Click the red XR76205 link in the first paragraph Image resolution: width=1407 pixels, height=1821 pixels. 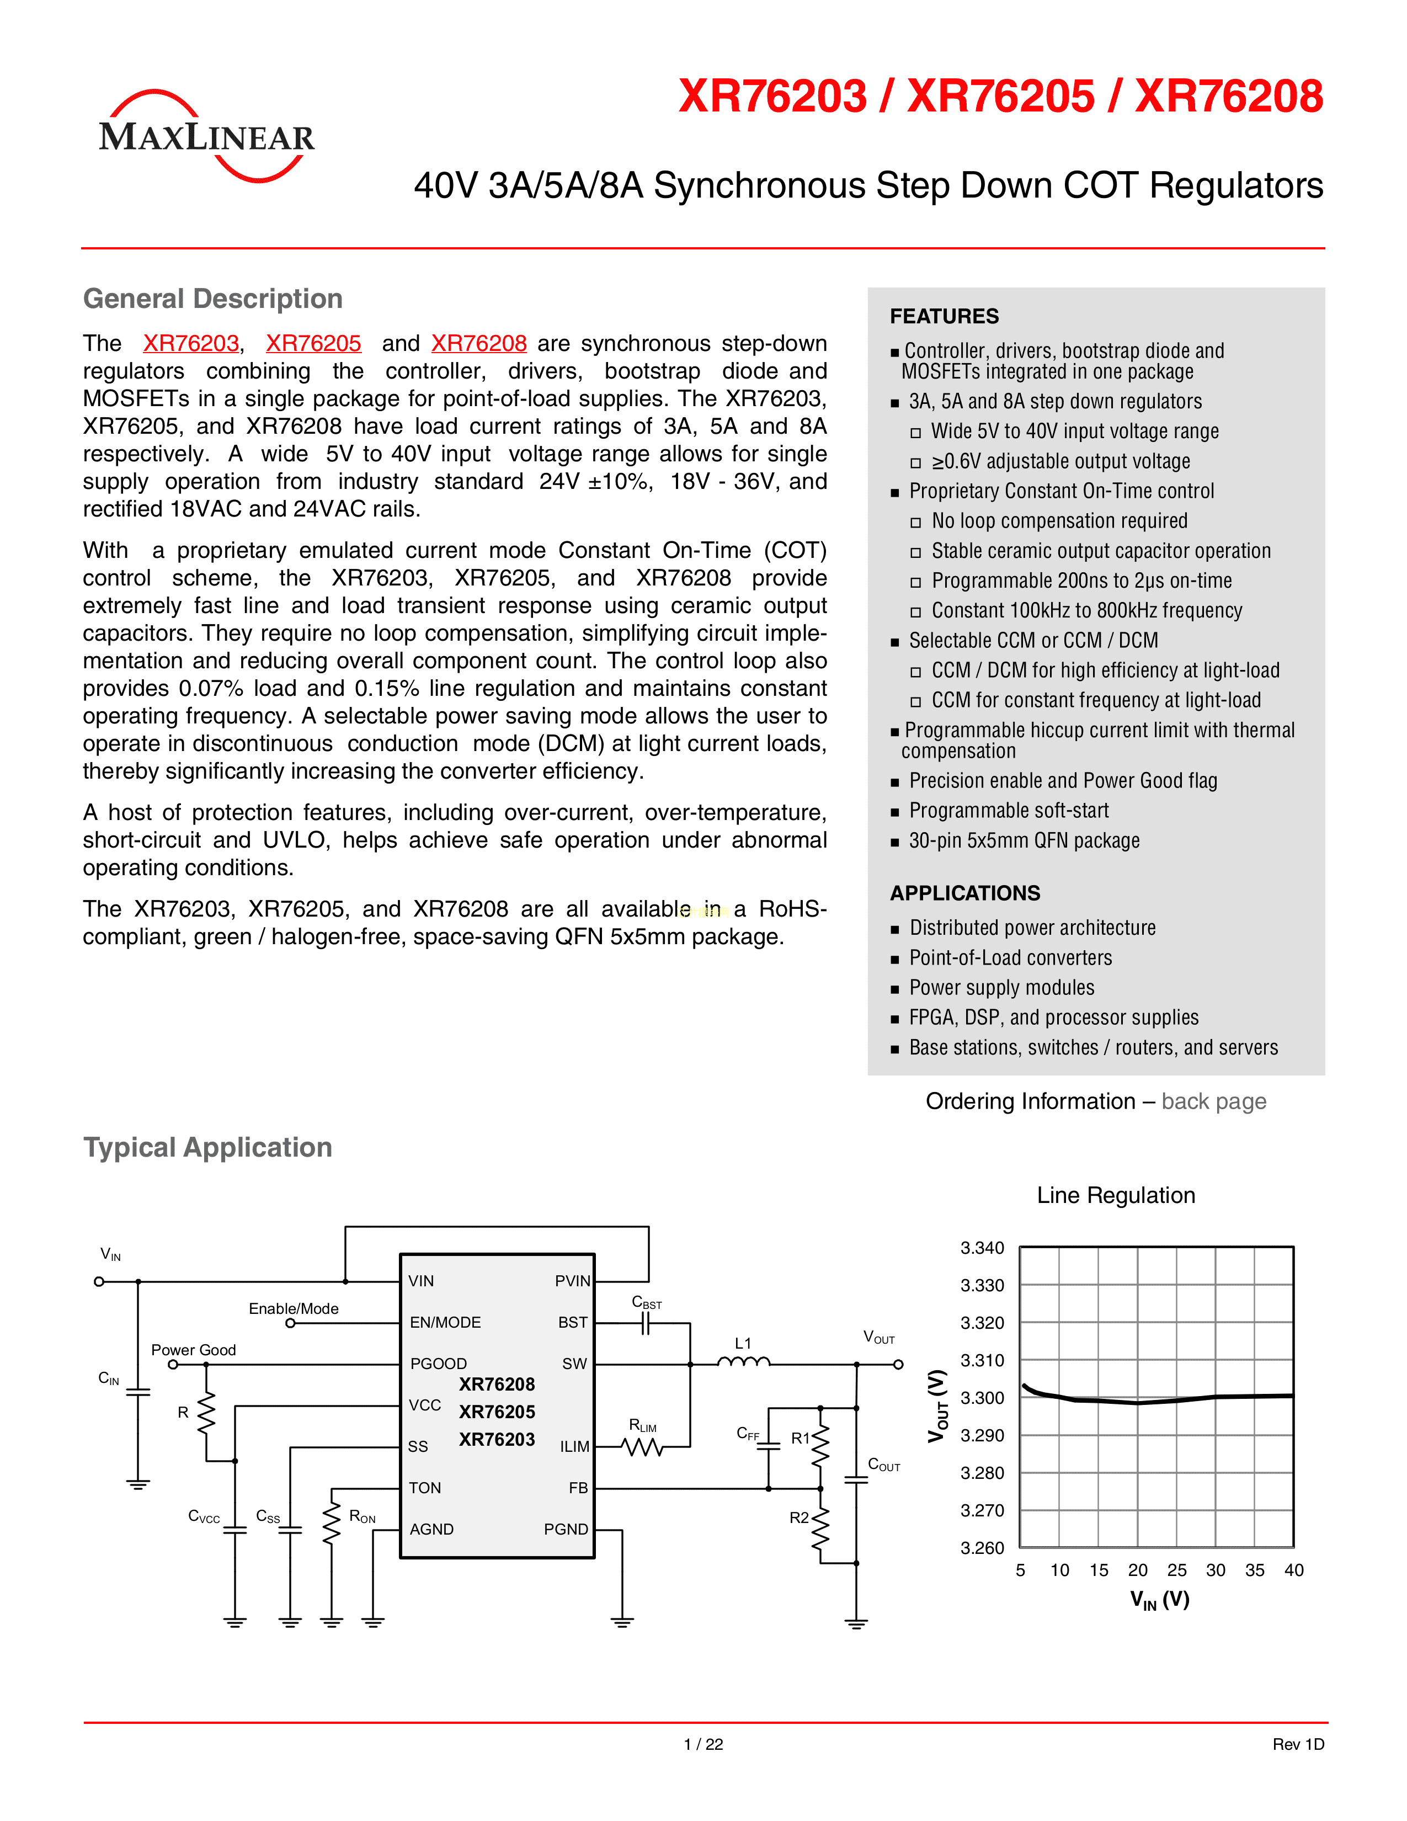pos(313,344)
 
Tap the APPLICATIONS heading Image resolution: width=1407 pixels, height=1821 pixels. pos(964,893)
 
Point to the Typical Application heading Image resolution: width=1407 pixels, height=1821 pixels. pos(207,1147)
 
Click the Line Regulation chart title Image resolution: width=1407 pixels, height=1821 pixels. pos(1115,1195)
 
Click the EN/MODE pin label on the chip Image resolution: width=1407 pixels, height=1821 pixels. pos(445,1322)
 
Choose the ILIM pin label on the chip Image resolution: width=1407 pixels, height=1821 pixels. pos(574,1447)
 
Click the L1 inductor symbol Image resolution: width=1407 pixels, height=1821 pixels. pos(744,1362)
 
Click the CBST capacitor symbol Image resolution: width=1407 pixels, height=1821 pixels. pos(645,1323)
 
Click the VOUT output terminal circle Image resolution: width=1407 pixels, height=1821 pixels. pos(898,1365)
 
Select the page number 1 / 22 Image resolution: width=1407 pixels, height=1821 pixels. pos(702,1744)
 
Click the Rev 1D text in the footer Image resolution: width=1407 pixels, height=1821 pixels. pos(1298,1744)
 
